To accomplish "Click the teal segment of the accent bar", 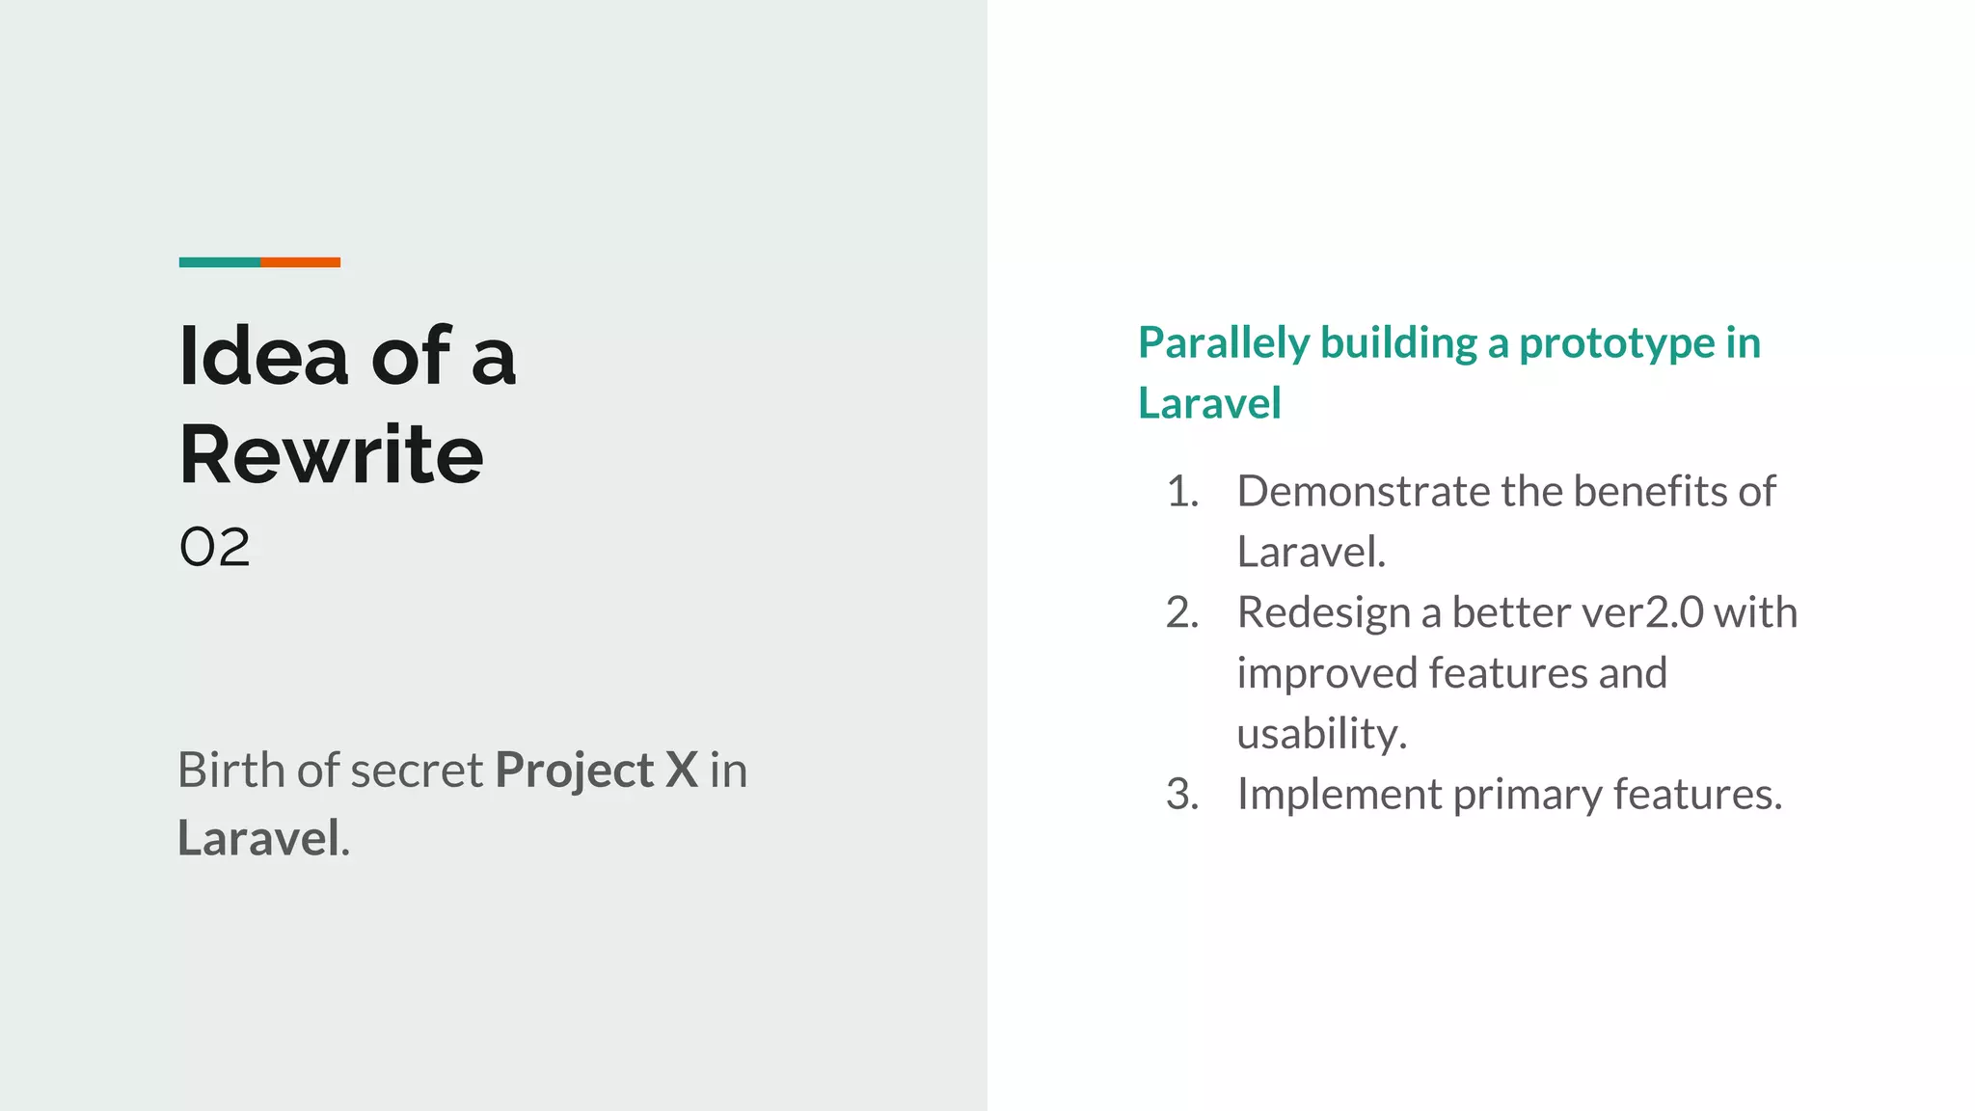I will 219,262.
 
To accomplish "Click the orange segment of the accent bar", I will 300,262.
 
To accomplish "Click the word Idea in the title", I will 263,357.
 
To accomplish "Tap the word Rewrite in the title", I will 331,455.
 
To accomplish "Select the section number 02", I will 214,548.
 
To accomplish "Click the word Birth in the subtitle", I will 231,771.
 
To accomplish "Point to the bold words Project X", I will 596,771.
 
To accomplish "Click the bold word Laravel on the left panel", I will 258,837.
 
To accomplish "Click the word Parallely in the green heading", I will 1224,343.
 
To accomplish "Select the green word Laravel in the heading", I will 1209,403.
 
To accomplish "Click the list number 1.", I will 1181,492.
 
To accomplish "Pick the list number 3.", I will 1181,795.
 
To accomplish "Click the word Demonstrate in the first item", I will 1363,492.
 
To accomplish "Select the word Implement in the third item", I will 1339,795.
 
